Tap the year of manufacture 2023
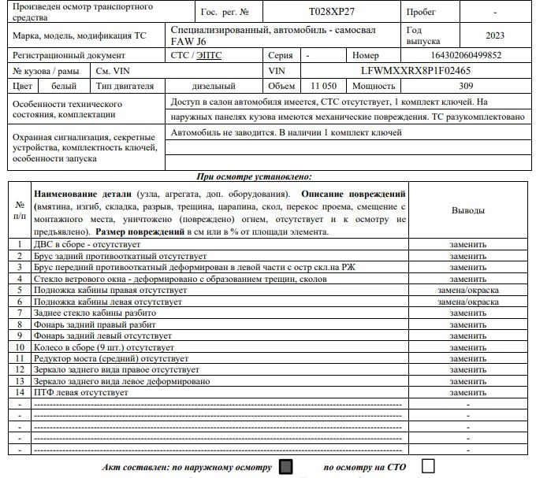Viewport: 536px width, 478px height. tap(495, 35)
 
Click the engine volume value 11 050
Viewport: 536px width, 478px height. tap(324, 86)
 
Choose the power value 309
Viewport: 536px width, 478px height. tap(466, 86)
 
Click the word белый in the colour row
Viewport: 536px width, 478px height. tap(64, 86)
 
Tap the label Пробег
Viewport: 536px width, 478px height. tap(421, 13)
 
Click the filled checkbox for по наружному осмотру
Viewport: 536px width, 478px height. tap(286, 466)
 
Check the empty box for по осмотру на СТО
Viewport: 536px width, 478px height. tap(428, 466)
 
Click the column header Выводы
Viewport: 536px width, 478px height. tap(468, 211)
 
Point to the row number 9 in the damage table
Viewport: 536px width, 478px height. tap(20, 335)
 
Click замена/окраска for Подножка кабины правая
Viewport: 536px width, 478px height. tap(468, 290)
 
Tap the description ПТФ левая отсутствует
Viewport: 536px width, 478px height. tap(80, 391)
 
